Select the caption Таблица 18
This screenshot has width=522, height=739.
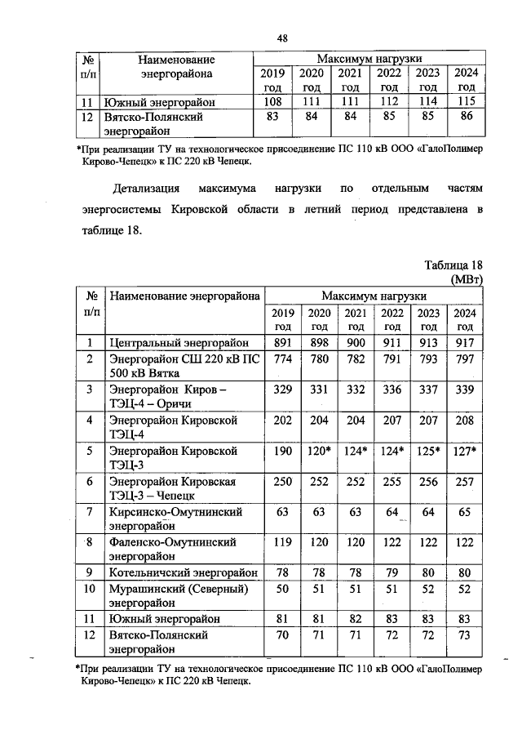[454, 265]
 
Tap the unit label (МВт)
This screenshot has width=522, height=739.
[466, 279]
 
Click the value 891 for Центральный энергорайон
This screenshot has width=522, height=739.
[282, 343]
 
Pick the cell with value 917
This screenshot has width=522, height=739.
[465, 343]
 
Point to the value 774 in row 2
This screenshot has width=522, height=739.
[282, 359]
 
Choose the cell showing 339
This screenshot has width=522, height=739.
[465, 390]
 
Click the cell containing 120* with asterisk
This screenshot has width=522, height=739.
[319, 451]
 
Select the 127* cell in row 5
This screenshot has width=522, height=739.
[465, 451]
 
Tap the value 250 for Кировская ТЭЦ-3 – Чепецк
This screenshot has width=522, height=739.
[282, 482]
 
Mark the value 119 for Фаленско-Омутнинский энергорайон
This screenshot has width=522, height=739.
[282, 542]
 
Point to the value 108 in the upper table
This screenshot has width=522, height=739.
[272, 101]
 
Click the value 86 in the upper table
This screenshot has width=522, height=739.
[467, 117]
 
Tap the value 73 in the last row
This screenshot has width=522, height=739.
[465, 634]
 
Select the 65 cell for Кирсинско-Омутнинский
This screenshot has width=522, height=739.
[465, 512]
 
